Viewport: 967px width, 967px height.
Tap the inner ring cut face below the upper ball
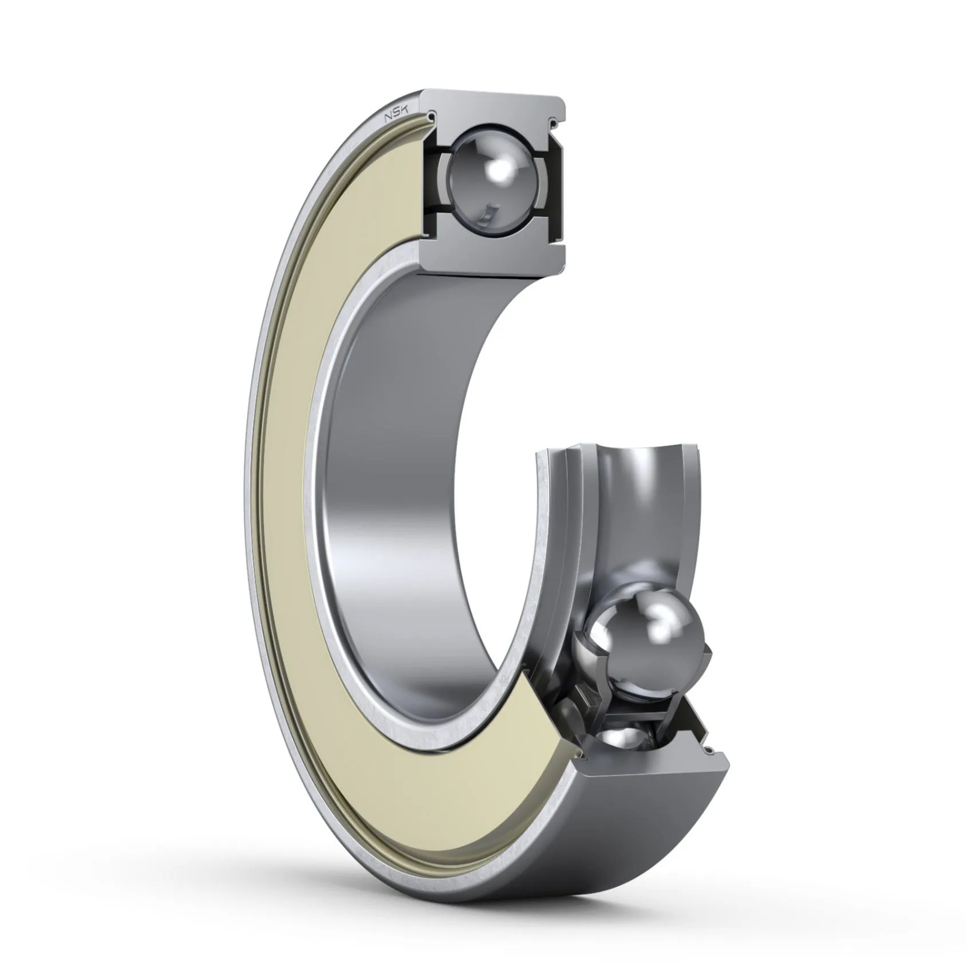click(x=492, y=249)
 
